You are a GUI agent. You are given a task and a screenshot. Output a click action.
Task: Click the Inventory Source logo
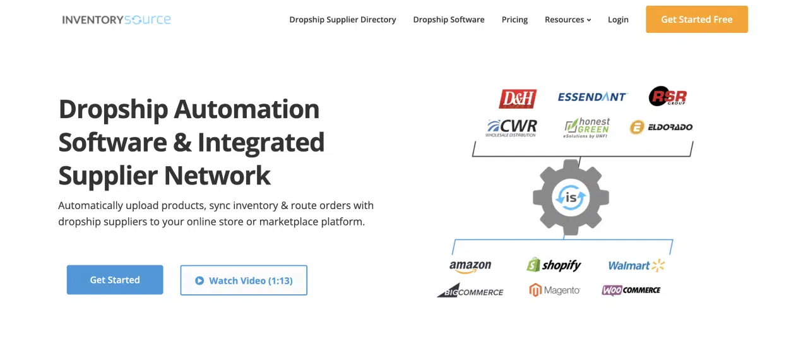click(117, 20)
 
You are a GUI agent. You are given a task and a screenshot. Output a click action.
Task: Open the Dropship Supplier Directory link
click(343, 20)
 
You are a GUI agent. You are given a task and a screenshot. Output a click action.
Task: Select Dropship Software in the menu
click(449, 20)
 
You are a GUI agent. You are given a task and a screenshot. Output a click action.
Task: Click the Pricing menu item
click(514, 20)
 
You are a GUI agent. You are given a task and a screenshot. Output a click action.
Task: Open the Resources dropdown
click(567, 20)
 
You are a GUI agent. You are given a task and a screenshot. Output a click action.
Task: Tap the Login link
click(618, 20)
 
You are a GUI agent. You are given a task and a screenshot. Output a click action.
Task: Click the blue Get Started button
click(115, 280)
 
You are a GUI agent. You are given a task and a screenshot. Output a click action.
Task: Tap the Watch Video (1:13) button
click(244, 280)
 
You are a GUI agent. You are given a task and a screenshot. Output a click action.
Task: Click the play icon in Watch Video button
click(199, 280)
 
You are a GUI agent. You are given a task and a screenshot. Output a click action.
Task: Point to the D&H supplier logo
click(518, 99)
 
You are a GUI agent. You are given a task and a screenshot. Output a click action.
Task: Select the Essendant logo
click(592, 97)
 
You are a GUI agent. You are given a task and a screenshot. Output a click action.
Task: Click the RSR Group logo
click(667, 97)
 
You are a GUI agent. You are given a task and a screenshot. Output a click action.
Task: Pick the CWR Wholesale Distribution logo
click(511, 128)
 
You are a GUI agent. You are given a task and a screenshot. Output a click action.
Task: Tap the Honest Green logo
click(587, 128)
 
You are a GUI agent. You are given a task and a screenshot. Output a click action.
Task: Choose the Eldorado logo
click(661, 127)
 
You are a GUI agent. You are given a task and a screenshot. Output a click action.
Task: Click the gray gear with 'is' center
click(571, 197)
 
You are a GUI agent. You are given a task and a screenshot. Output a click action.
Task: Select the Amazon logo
click(470, 266)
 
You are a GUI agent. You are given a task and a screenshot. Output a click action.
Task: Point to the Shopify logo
click(554, 265)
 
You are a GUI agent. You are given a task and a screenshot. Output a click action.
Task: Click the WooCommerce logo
click(631, 290)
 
